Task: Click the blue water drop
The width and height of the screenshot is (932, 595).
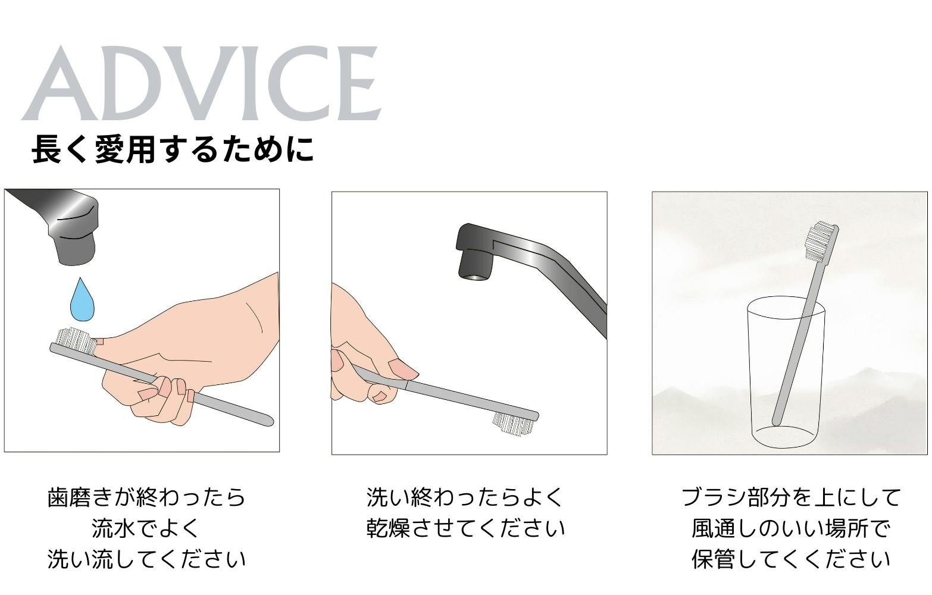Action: [82, 301]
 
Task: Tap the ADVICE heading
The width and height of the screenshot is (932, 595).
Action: [201, 83]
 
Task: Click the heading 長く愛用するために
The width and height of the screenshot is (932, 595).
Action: [172, 149]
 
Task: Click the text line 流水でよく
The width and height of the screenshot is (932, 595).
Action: [146, 528]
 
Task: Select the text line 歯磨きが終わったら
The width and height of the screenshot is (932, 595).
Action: [146, 497]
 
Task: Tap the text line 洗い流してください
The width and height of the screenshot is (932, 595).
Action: [146, 559]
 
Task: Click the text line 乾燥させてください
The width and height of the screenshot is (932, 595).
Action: [465, 528]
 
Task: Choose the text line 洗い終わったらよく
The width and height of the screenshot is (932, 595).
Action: [465, 497]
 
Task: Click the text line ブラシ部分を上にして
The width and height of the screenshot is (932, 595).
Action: [791, 497]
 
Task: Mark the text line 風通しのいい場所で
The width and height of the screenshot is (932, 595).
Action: [791, 528]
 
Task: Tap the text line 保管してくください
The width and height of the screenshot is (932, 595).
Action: [791, 559]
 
